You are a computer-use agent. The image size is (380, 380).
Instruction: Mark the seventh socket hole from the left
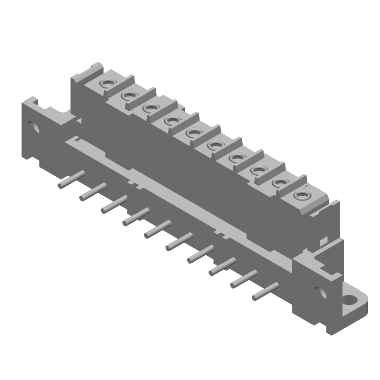point(236,157)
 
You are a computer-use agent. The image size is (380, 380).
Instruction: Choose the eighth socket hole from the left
point(257,170)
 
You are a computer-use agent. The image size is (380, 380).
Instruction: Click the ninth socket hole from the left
point(278,182)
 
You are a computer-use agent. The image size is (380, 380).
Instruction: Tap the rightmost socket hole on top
point(300,194)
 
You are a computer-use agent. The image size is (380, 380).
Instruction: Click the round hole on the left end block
point(34,127)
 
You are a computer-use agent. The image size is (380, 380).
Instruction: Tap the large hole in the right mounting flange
point(352,300)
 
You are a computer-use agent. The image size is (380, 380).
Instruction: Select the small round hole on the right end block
point(318,290)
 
